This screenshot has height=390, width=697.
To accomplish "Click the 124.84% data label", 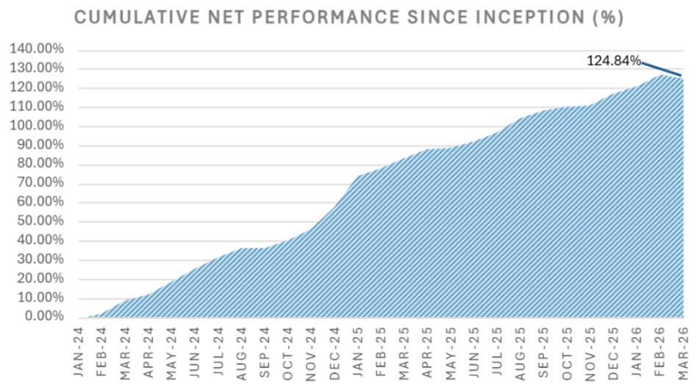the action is (x=614, y=61).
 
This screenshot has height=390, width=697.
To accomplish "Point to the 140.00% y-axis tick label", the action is (x=37, y=49).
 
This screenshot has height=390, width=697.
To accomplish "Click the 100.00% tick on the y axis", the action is (x=37, y=126).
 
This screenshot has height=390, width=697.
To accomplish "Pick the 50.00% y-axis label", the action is (x=40, y=221).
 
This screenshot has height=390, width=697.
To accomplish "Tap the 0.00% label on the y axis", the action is (x=44, y=317).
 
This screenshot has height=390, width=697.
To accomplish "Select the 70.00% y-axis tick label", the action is (x=40, y=183).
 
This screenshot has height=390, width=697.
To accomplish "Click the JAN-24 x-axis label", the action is (x=78, y=353).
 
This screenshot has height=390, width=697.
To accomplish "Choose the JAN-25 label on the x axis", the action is (x=357, y=353).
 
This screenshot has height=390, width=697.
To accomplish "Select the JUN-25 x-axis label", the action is (x=473, y=353).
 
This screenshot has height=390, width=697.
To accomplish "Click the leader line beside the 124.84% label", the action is (x=662, y=69).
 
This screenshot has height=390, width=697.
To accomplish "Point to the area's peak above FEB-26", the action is (x=660, y=75).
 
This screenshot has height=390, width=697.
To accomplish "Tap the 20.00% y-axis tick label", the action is (x=40, y=278).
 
